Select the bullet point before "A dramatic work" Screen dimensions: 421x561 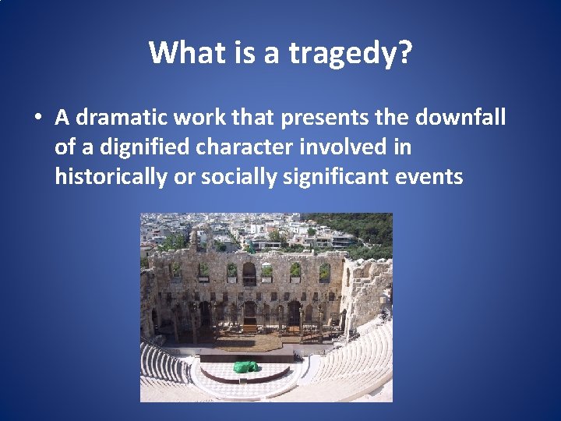tap(37, 119)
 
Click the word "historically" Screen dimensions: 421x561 tap(110, 177)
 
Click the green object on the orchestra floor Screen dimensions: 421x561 tap(247, 366)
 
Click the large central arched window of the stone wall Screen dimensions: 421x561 tap(249, 273)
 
